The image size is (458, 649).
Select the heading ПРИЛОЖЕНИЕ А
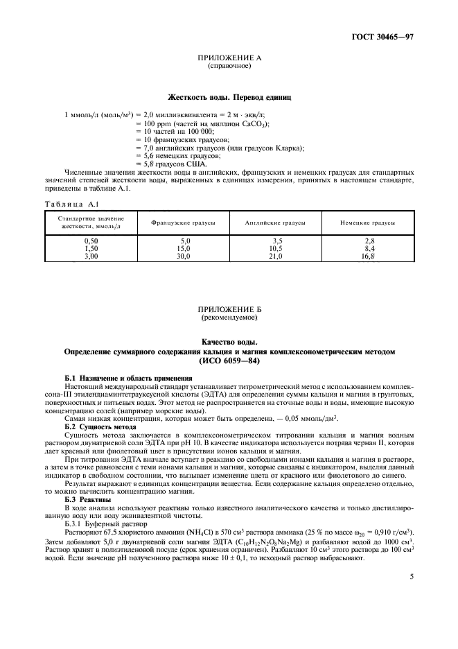[x=229, y=60]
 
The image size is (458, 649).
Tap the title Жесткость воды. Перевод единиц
[x=229, y=98]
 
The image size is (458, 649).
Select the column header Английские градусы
[x=275, y=223]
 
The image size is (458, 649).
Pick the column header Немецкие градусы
[x=368, y=223]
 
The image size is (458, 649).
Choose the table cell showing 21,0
[x=275, y=255]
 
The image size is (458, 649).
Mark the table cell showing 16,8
[x=368, y=255]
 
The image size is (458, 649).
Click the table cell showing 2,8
[x=368, y=239]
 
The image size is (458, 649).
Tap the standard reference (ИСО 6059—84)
[x=229, y=361]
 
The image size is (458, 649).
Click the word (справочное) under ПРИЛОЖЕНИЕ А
[x=229, y=67]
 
